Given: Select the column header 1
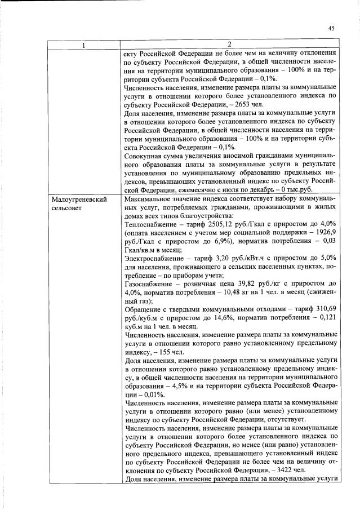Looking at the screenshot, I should click(x=84, y=45).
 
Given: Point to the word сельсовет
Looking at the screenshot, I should click(x=68, y=209).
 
